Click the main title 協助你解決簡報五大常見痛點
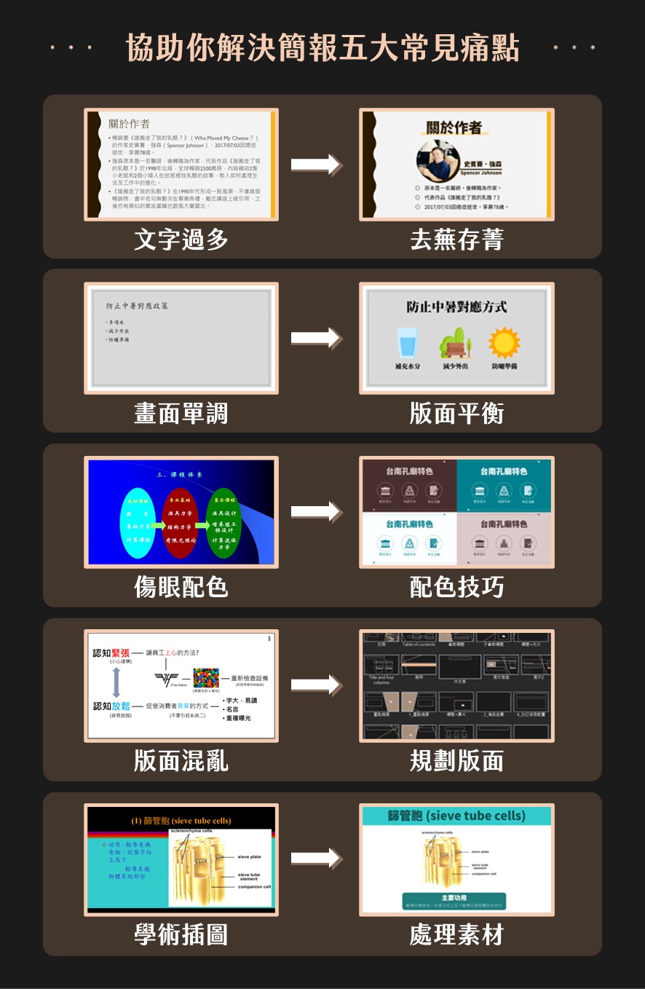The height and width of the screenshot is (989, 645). (322, 48)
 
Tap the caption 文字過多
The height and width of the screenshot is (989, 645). (181, 240)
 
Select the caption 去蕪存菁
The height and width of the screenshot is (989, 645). (456, 240)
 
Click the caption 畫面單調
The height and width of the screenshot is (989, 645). (181, 414)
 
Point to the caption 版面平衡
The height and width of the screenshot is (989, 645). (456, 414)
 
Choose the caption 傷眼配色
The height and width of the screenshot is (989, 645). (181, 587)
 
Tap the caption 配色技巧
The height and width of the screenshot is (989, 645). (456, 587)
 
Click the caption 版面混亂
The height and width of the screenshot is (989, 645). (181, 761)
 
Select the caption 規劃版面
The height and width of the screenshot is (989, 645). (456, 761)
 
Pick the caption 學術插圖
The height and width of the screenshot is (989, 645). (181, 934)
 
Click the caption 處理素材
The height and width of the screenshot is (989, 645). (456, 934)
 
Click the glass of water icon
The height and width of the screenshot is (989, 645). (407, 342)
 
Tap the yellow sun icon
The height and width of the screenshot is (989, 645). (504, 342)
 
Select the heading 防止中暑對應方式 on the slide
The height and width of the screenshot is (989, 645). (456, 307)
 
